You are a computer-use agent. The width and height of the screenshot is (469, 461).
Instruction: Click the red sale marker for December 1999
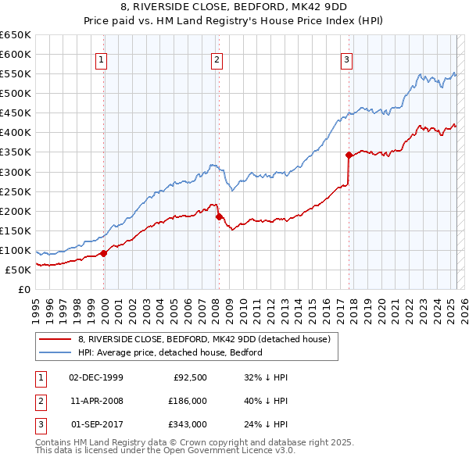click(104, 253)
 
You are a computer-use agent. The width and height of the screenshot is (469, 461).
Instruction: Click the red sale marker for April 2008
click(219, 216)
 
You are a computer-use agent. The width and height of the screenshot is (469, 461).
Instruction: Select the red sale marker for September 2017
click(349, 155)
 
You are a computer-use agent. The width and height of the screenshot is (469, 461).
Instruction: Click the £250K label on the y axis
click(16, 191)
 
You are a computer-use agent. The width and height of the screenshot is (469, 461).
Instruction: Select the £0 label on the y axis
click(24, 289)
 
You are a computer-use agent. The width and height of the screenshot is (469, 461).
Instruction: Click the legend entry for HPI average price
click(170, 352)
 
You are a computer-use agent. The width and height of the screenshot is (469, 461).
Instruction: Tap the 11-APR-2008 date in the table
click(96, 401)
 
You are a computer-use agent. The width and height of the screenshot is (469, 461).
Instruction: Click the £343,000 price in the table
click(188, 424)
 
